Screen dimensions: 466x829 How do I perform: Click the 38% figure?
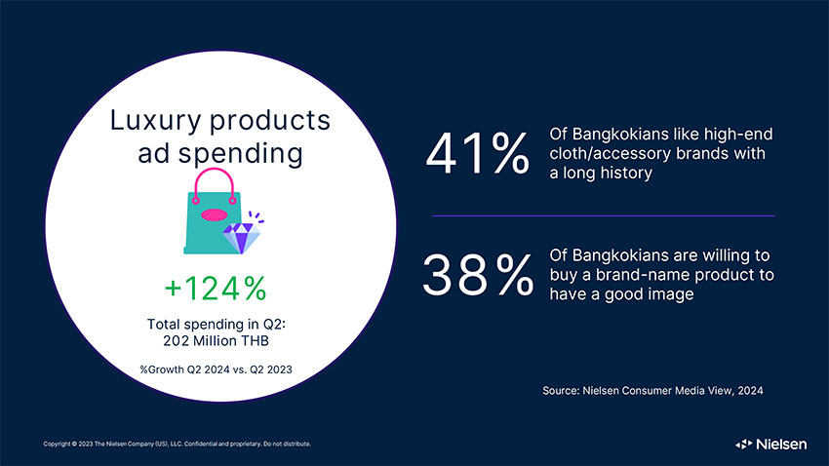tap(477, 275)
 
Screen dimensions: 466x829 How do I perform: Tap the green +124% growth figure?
tap(216, 289)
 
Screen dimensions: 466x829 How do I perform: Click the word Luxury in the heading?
tap(155, 120)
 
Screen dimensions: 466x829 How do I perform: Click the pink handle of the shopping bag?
tap(215, 182)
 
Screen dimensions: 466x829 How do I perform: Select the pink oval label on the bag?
tap(214, 213)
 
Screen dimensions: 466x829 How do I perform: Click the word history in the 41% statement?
tap(624, 174)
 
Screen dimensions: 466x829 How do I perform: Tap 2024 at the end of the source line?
tap(747, 390)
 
